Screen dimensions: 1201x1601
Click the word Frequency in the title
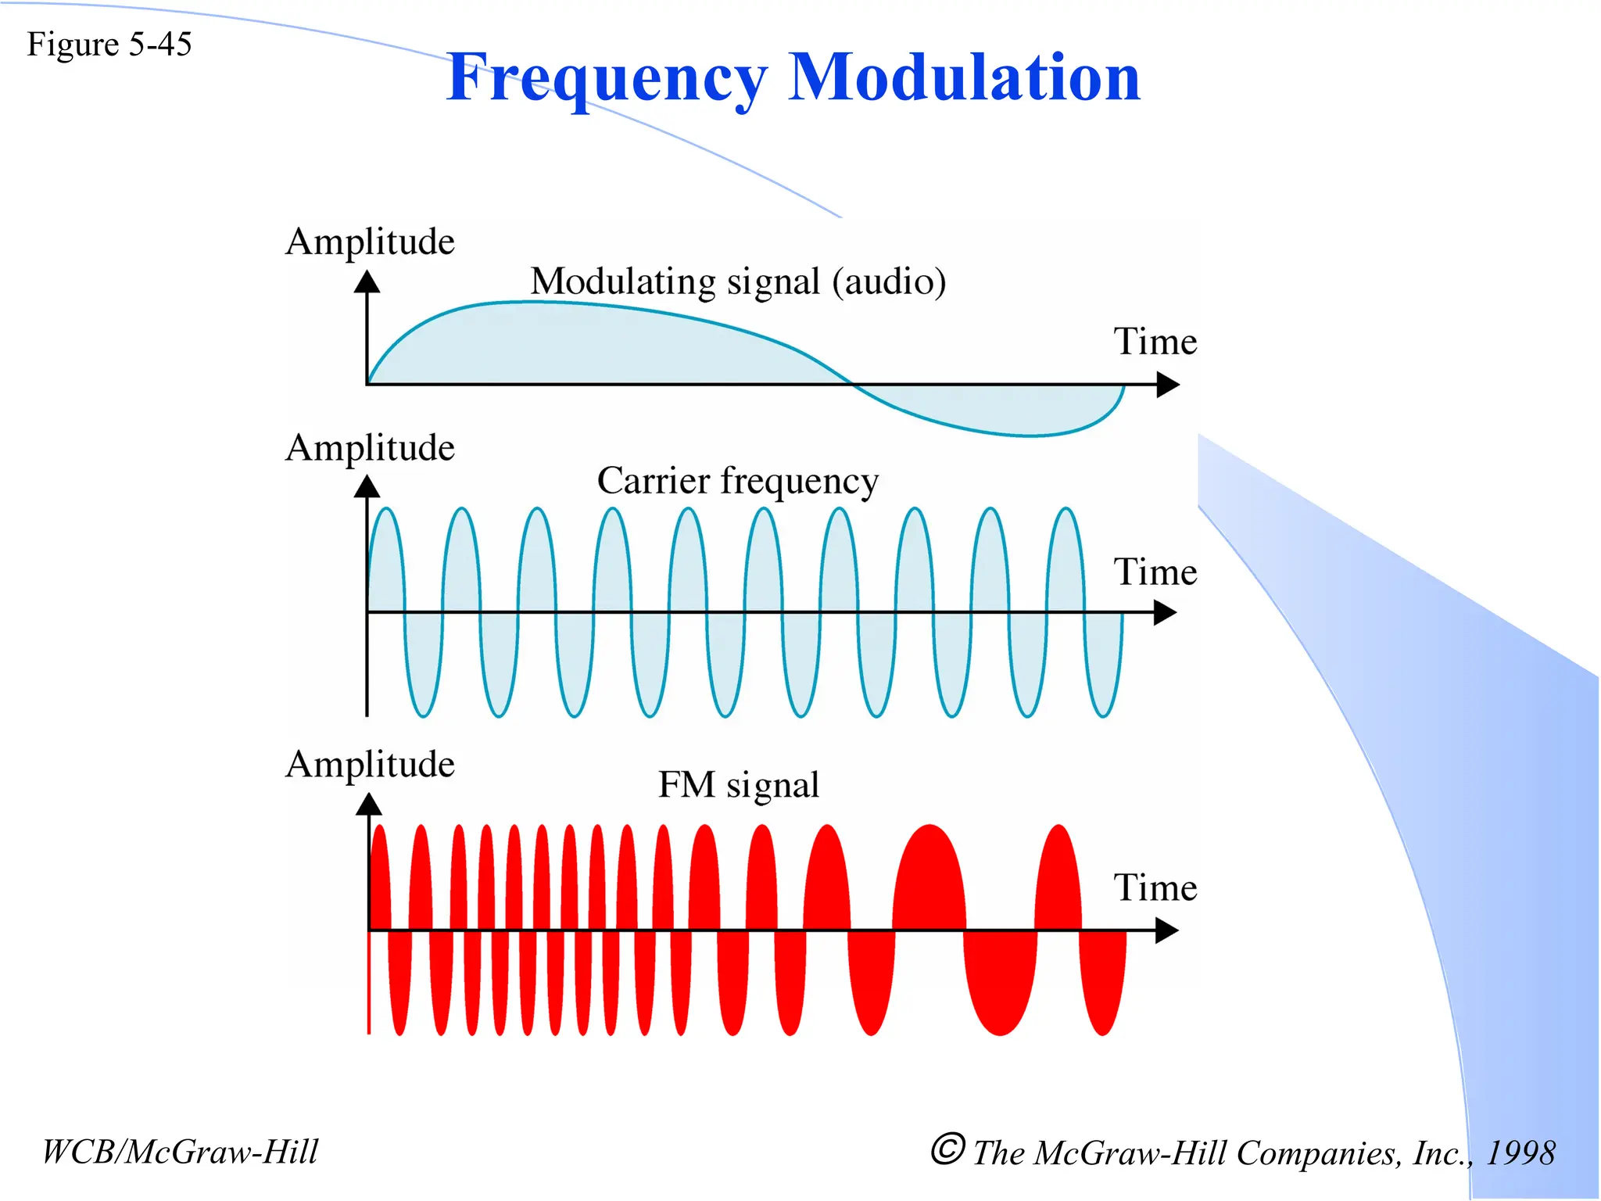point(607,78)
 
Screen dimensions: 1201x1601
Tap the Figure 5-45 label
point(109,45)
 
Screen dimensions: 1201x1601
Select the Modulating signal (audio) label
point(738,281)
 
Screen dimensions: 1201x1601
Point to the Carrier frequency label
point(737,480)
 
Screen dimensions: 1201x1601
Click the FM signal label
point(738,784)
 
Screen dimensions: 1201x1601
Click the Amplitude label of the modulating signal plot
point(370,242)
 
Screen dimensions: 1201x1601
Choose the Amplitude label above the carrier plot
point(370,448)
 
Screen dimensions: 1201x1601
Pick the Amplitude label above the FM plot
point(370,764)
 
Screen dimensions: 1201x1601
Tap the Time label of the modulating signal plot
point(1155,342)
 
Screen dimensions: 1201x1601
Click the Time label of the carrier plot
point(1155,572)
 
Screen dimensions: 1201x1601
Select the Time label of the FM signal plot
point(1155,887)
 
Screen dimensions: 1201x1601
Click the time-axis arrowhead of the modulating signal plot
point(1168,385)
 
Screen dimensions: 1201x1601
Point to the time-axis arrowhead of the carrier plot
point(1166,613)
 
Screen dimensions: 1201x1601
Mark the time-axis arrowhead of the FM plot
point(1167,930)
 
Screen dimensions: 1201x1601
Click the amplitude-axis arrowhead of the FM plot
point(369,804)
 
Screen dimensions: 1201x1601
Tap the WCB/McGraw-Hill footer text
point(180,1152)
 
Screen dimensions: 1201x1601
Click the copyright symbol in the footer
point(947,1149)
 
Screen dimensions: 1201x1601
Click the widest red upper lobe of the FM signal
point(929,876)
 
